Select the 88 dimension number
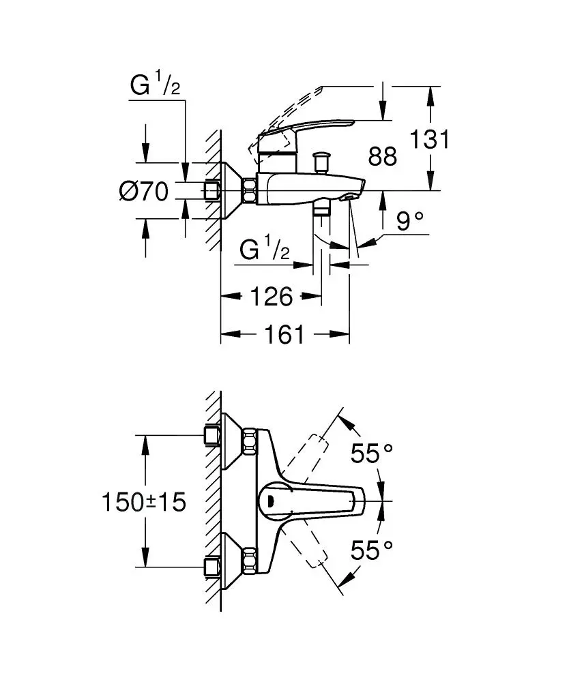point(382,156)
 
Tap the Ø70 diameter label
point(143,192)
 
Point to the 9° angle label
point(409,221)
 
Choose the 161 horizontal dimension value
point(284,334)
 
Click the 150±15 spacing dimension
point(144,503)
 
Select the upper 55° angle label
point(373,453)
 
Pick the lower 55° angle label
point(373,550)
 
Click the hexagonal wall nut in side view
point(249,190)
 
